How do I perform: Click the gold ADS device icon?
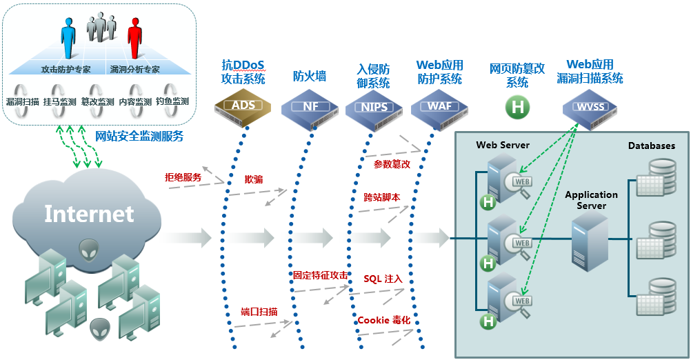243,106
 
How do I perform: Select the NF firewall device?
310,106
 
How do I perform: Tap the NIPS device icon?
374,107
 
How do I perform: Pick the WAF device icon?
439,106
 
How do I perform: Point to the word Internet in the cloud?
89,214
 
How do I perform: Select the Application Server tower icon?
590,239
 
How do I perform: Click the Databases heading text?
651,146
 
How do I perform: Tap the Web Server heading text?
503,145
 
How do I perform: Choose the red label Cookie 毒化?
384,321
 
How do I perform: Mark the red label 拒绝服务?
183,177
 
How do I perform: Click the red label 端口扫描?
259,312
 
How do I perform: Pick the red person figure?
134,38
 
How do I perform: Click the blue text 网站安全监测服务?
139,136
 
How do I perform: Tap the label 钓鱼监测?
172,102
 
